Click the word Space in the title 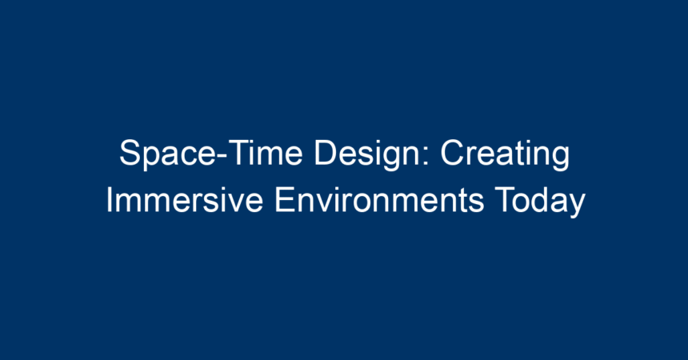coord(166,154)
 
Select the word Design coord(367,154)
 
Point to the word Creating coord(505,154)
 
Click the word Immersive coord(184,200)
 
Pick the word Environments coord(379,200)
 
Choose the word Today coord(540,202)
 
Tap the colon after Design coord(425,156)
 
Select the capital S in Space coord(130,153)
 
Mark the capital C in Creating coord(452,153)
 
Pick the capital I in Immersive coord(109,199)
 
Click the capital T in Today coord(505,199)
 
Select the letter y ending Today coord(577,206)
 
